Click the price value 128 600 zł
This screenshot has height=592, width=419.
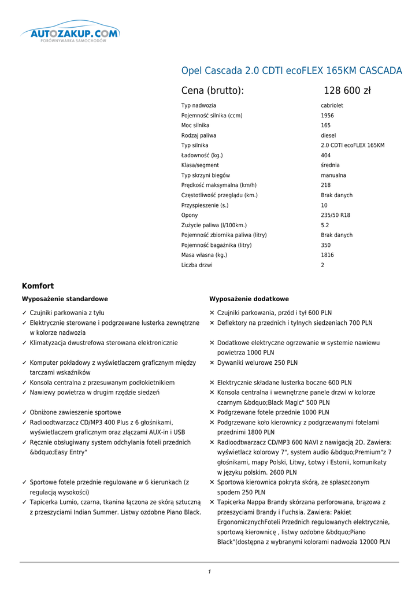point(347,91)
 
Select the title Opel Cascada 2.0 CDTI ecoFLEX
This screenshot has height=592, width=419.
point(291,71)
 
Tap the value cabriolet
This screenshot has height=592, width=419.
point(332,106)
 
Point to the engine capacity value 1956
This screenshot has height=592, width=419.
point(327,116)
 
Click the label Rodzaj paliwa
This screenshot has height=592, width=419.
point(199,135)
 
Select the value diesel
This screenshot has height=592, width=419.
point(328,135)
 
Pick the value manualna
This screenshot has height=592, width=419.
point(333,175)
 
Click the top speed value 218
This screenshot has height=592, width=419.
point(325,185)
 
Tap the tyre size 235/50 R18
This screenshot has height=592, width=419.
point(335,215)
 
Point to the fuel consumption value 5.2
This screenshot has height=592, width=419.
point(325,225)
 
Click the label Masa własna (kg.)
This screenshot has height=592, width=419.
point(204,255)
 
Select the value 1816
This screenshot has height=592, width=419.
point(327,255)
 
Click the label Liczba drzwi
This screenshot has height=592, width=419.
point(196,265)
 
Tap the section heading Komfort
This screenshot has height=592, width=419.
point(38,286)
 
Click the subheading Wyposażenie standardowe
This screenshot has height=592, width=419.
point(65,299)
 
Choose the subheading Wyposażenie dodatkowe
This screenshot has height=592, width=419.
point(249,299)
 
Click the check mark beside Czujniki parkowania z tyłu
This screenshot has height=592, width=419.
point(24,313)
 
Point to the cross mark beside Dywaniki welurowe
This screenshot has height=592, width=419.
point(212,363)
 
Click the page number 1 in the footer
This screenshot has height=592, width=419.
point(209,572)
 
